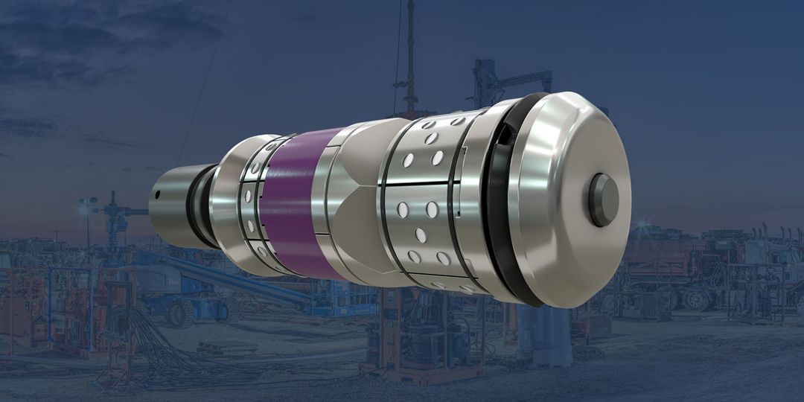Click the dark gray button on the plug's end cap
pos(602,200)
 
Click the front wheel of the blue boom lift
pos(179,313)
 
